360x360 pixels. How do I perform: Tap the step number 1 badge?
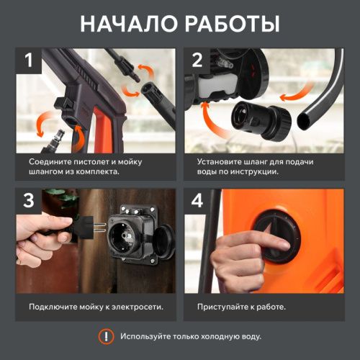coord(30,62)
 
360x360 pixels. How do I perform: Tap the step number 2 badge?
coord(198,62)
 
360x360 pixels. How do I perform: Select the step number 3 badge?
coord(30,202)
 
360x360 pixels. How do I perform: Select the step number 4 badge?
coord(198,202)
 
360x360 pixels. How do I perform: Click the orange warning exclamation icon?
coord(106,336)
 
